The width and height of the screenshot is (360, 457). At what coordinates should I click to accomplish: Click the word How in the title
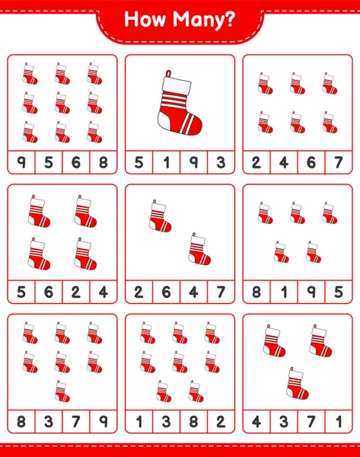coord(145,19)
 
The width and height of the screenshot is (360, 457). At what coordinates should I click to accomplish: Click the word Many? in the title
coord(203,21)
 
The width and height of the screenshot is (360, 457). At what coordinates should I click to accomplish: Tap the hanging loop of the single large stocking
coord(168,73)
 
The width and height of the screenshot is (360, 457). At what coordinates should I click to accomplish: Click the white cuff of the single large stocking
coord(177,85)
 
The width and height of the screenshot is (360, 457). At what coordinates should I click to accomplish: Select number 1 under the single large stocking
coord(167,162)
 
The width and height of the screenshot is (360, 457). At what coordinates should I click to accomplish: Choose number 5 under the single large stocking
coord(139,162)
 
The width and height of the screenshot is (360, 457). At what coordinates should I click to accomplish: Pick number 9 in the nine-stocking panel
coord(21,162)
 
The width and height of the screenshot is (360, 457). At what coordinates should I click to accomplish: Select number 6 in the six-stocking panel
coord(311,162)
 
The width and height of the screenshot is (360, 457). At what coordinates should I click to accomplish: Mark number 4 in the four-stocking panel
coord(103,292)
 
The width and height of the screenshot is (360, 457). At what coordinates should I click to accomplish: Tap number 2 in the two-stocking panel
coord(139,292)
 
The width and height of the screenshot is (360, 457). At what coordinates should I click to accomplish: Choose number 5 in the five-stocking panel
coord(339,292)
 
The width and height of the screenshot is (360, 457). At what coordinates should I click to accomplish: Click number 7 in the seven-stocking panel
coord(75,421)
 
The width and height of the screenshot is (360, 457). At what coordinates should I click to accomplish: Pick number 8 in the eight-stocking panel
coord(193,421)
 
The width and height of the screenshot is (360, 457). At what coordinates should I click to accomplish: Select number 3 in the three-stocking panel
coord(284,421)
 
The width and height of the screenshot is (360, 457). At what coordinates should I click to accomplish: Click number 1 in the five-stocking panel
coord(284,292)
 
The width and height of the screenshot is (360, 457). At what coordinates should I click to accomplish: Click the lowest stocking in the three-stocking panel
coord(297,383)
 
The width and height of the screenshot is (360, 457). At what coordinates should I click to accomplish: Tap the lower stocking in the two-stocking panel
coord(199,249)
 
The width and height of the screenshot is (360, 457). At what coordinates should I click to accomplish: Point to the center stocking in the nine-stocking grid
coord(62,103)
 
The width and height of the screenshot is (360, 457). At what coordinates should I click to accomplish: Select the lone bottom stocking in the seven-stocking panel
coord(62,391)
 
